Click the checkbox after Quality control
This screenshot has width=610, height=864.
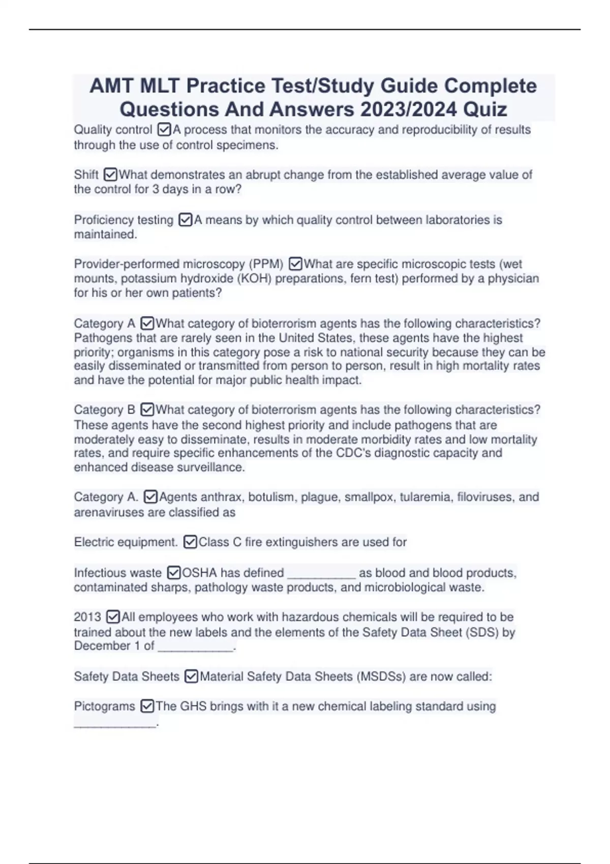pyautogui.click(x=165, y=130)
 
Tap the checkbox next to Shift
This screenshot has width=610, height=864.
pyautogui.click(x=110, y=175)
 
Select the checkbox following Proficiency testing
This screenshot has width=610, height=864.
pyautogui.click(x=186, y=220)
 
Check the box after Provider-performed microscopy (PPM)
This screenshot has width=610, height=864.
pyautogui.click(x=295, y=264)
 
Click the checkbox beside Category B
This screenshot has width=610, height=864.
pyautogui.click(x=147, y=410)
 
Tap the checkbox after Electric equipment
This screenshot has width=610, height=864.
pyautogui.click(x=190, y=542)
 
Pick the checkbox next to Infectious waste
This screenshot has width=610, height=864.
pyautogui.click(x=174, y=573)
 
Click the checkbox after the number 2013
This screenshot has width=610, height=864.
pyautogui.click(x=113, y=617)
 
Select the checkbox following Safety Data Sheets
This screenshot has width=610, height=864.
pyautogui.click(x=192, y=676)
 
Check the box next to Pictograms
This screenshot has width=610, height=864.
pyautogui.click(x=147, y=706)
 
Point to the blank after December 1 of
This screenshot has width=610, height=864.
pyautogui.click(x=196, y=648)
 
